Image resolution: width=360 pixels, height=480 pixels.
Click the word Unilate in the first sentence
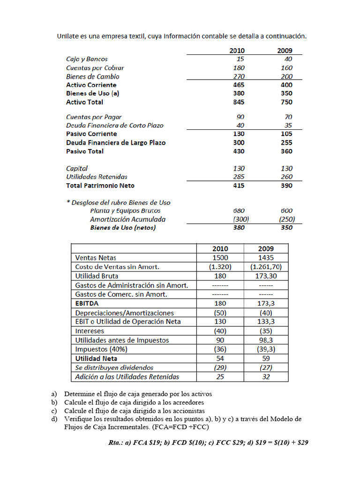(68, 36)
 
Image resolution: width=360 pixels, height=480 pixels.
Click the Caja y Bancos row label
(87, 59)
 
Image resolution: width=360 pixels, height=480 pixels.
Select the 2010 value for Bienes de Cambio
(240, 76)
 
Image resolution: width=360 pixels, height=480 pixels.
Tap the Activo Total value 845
(239, 102)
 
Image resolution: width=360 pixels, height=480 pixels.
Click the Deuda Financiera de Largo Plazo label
(116, 142)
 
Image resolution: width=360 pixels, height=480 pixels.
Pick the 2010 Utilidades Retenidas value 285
(239, 177)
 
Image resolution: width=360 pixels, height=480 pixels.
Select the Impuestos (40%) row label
(101, 349)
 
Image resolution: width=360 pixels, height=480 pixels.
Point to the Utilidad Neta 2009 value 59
(266, 359)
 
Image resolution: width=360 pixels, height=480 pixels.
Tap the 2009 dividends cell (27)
(266, 367)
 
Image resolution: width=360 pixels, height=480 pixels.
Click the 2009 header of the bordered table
(266, 248)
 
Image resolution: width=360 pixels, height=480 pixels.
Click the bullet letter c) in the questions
(54, 411)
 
